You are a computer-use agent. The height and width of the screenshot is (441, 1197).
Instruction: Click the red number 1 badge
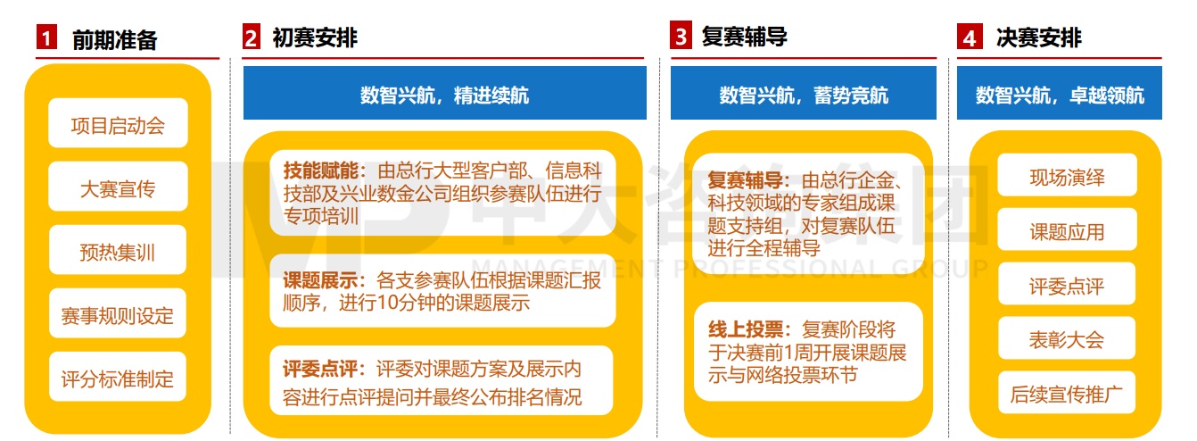point(45,38)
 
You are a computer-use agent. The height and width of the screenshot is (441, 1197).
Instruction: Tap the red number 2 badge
point(252,38)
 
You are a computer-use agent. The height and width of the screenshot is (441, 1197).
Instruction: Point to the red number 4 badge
point(968,38)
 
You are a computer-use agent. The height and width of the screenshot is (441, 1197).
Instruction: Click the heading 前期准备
point(114,39)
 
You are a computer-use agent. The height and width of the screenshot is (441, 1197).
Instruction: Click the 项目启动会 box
point(118,126)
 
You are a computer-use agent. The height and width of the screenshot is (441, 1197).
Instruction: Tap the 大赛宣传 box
point(118,188)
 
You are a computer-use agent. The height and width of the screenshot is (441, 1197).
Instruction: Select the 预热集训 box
point(118,252)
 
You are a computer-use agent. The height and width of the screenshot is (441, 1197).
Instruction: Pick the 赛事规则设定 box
point(118,315)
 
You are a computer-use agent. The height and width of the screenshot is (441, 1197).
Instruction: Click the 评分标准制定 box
point(118,379)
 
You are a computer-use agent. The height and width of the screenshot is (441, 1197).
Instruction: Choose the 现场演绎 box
point(1066,177)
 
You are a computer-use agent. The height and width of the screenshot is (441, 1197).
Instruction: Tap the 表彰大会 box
point(1066,339)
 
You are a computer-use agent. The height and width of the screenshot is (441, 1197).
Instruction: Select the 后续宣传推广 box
point(1066,394)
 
